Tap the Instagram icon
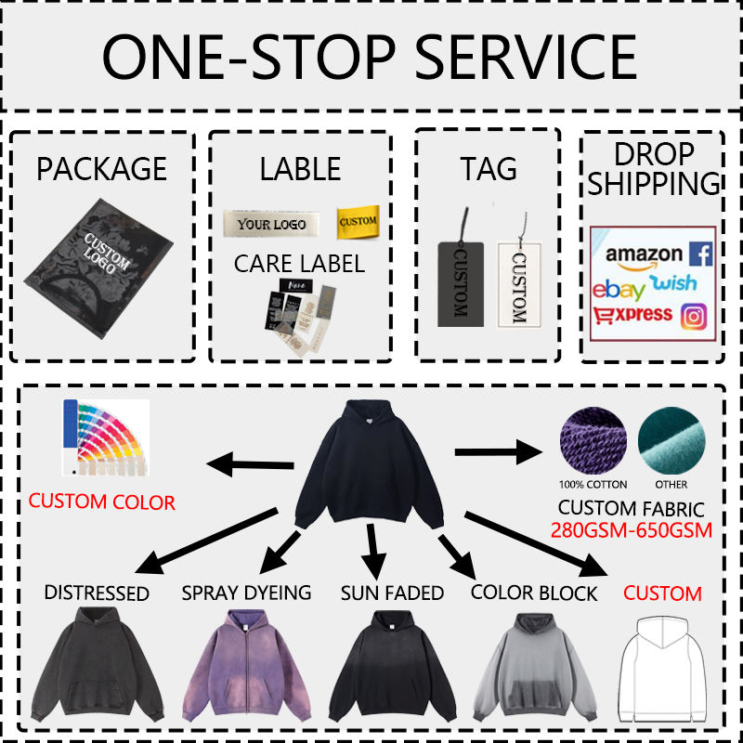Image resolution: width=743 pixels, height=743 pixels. coord(693,316)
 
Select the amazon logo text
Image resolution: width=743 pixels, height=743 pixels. coord(645,254)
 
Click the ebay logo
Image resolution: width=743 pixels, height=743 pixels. coord(619,288)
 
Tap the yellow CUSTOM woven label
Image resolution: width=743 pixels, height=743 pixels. coord(358,221)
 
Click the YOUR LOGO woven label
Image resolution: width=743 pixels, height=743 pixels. coord(271,224)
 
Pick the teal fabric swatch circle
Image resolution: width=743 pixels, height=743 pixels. coord(671,440)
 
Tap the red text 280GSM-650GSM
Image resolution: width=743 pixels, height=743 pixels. coord(632,531)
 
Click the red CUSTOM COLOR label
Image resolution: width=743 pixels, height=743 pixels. coord(101,502)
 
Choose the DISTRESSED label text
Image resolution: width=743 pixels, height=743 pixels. coord(97,593)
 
